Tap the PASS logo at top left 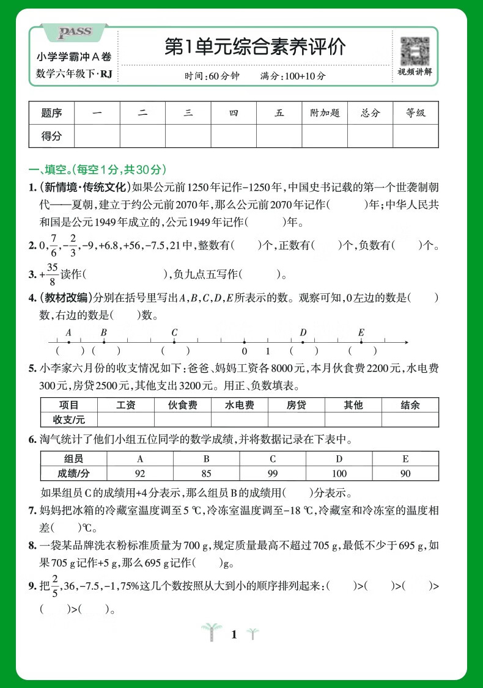74,32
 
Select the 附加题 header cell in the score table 325,113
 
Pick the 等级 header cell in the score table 416,113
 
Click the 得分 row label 51,136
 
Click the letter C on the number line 174,332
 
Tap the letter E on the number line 361,332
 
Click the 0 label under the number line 244,351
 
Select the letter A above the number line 68,332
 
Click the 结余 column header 410,404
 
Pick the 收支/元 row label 69,419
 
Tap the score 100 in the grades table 339,474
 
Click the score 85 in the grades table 206,474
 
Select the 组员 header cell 73,459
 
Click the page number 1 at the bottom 234,635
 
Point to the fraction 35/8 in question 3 51,274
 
